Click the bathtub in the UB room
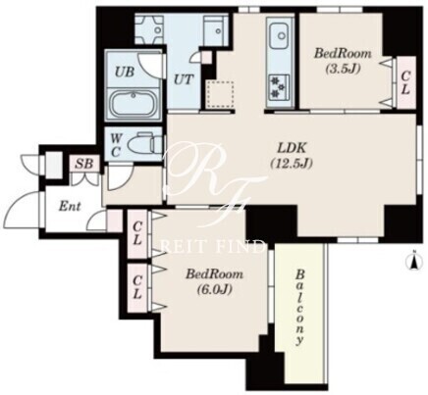click(x=134, y=103)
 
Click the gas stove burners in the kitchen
click(x=279, y=86)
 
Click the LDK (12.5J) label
click(x=292, y=156)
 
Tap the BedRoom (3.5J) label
click(x=343, y=61)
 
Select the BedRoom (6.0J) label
click(x=214, y=281)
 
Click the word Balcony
click(x=299, y=307)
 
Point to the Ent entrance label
click(x=70, y=206)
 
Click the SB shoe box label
click(x=84, y=164)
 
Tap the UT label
click(x=184, y=79)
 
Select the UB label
click(x=125, y=72)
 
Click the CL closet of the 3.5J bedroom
click(x=405, y=82)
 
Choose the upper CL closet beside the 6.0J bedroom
click(x=137, y=234)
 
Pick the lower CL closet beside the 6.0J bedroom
click(x=137, y=287)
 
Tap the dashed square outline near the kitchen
click(x=220, y=94)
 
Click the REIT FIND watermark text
click(x=213, y=247)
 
